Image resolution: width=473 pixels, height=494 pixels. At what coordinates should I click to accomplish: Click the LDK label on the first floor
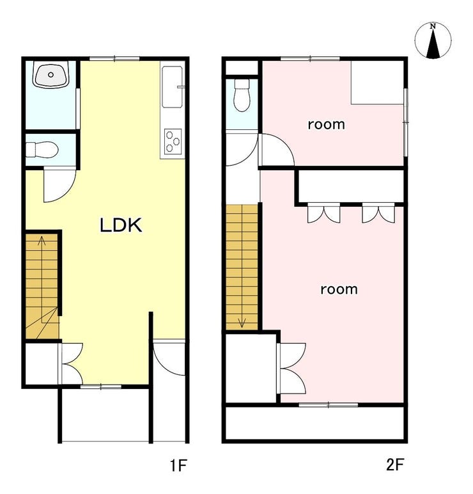(x=121, y=225)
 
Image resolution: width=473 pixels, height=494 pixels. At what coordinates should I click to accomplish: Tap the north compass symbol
(x=433, y=40)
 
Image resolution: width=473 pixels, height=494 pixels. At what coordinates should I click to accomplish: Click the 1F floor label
(x=179, y=465)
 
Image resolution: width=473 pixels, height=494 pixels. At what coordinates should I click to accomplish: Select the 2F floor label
(x=395, y=465)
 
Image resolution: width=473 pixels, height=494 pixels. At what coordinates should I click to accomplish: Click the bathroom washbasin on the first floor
(x=51, y=76)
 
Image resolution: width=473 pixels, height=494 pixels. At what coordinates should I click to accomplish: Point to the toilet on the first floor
(x=42, y=149)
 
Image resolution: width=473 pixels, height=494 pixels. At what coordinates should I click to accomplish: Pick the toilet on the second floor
(x=242, y=95)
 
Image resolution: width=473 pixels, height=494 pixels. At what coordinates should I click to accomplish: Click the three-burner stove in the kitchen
(x=173, y=141)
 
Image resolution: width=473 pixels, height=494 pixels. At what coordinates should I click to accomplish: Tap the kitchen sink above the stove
(x=172, y=87)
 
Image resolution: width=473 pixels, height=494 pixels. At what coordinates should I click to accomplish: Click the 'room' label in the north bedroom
(x=326, y=124)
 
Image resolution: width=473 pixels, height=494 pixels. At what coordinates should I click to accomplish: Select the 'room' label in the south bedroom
(x=339, y=289)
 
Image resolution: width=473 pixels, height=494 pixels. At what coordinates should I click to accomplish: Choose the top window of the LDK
(x=114, y=58)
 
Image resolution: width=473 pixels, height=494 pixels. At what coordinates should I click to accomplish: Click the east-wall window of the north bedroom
(x=406, y=122)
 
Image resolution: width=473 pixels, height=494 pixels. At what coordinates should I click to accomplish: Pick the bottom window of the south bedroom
(x=329, y=405)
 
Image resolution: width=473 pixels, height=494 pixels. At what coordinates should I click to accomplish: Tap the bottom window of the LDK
(x=101, y=386)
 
